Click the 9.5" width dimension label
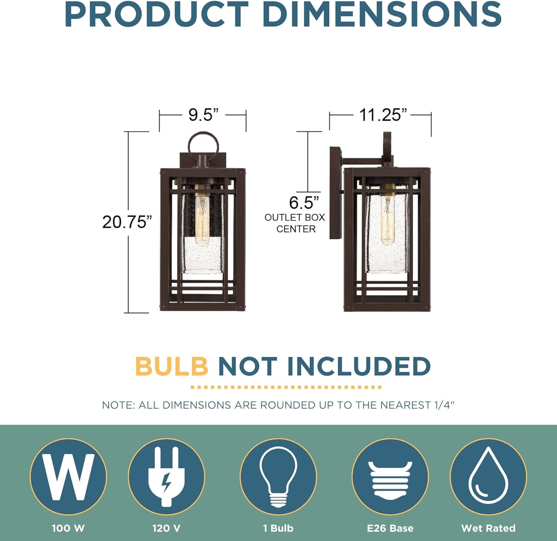203,115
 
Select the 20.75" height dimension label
127,222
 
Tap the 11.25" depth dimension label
383,115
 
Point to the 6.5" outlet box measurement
304,203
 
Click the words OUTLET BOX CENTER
295,223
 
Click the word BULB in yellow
172,366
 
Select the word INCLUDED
359,366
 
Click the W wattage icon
68,476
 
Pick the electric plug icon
166,476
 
